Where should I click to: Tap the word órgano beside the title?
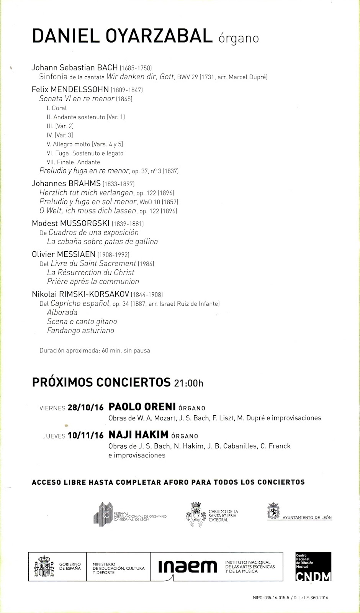[x=239, y=38]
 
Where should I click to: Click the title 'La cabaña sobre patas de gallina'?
[x=102, y=242]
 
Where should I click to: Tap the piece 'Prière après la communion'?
[x=93, y=282]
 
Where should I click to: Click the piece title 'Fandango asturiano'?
[x=80, y=331]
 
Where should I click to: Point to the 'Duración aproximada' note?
[x=95, y=351]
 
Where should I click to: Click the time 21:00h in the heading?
[x=188, y=383]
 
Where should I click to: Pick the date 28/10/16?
[x=85, y=408]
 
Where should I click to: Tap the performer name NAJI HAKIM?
[x=139, y=435]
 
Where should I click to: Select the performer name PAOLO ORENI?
[x=142, y=407]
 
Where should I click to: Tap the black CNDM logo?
[x=313, y=567]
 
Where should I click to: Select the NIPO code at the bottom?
[x=271, y=597]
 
